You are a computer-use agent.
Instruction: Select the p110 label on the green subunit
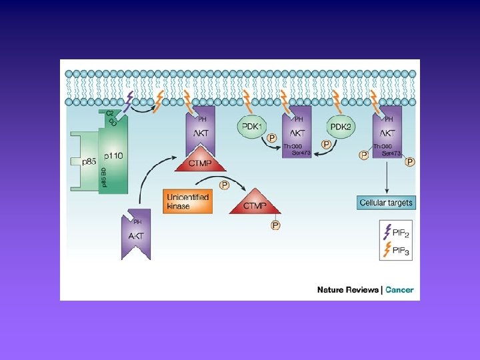[114, 155]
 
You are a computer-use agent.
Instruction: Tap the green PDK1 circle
[251, 125]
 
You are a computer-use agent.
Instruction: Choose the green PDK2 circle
[341, 125]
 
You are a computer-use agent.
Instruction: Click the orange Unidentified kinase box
[187, 201]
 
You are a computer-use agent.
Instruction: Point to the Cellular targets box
[385, 202]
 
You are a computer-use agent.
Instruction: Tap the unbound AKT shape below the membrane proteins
[136, 234]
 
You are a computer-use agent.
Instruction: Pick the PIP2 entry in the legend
[395, 231]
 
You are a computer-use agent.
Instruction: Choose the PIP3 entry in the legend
[395, 250]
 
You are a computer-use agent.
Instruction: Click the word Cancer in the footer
[399, 290]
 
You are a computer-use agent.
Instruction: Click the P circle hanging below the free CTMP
[275, 225]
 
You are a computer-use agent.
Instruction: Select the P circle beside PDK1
[272, 139]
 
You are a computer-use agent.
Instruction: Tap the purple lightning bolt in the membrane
[129, 100]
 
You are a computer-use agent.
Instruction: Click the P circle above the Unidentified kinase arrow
[225, 185]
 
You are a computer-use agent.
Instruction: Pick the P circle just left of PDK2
[325, 144]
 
